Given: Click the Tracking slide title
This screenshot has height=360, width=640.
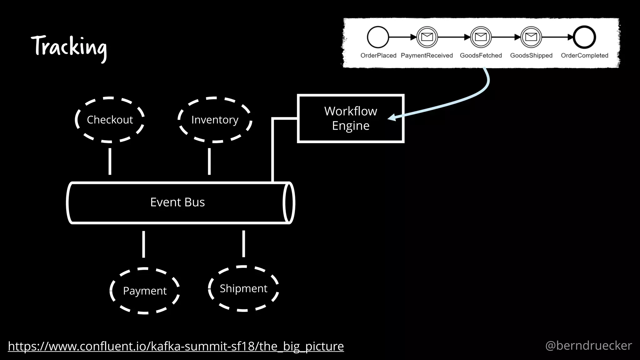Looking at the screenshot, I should [x=69, y=47].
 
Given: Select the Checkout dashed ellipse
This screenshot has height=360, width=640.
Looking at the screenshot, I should [x=110, y=120].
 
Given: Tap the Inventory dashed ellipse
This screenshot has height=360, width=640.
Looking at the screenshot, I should [x=215, y=120].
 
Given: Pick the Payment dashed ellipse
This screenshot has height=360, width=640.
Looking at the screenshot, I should [x=145, y=291].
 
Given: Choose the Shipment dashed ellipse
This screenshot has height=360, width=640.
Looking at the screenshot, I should [x=243, y=288].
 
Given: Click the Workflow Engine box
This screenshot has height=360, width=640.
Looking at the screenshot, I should [x=350, y=118].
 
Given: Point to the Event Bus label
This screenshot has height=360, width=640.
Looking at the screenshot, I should [x=177, y=202].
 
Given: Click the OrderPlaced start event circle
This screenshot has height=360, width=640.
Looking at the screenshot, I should [x=378, y=37].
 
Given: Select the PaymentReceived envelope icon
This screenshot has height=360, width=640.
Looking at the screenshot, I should [x=427, y=37].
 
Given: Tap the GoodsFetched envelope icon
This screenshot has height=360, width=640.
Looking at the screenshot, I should [x=481, y=37].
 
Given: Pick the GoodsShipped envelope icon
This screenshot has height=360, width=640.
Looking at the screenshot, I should [x=531, y=37].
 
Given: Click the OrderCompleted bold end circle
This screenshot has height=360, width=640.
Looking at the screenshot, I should [x=584, y=37].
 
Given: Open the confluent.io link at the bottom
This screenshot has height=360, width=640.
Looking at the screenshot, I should [x=176, y=346].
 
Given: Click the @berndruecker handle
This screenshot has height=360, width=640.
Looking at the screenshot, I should [x=588, y=346].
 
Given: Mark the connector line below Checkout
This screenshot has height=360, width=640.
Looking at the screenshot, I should [x=110, y=161].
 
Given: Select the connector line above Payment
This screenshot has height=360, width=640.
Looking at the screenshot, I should [x=143, y=244].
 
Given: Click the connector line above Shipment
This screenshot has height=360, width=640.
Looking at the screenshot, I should [x=243, y=244].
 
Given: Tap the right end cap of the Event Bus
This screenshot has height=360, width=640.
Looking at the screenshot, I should [x=288, y=203].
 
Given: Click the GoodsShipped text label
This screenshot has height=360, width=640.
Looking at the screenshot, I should [x=531, y=55].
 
